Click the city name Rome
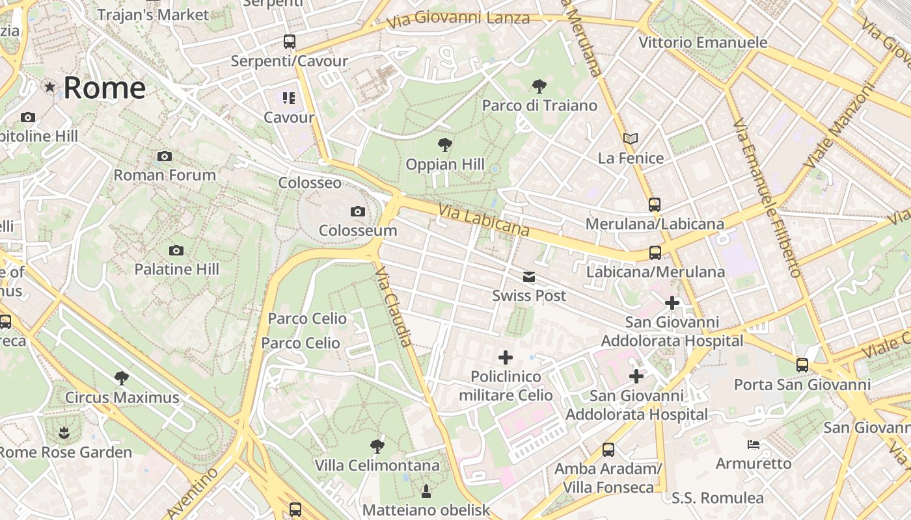(x=104, y=88)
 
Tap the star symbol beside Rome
(x=49, y=86)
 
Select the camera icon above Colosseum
(x=357, y=211)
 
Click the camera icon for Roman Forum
(x=165, y=156)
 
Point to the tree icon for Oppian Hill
(x=445, y=144)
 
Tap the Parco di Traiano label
(x=539, y=105)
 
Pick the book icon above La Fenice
(x=630, y=138)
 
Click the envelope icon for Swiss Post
(x=529, y=277)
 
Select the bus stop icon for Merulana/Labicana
(x=655, y=205)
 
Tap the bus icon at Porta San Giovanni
(x=802, y=365)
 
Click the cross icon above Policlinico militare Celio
(x=506, y=357)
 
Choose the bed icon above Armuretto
(x=754, y=445)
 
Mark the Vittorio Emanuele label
(x=703, y=43)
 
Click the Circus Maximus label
(x=122, y=397)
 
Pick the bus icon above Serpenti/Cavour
(x=290, y=42)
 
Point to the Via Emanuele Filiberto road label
(x=767, y=198)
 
